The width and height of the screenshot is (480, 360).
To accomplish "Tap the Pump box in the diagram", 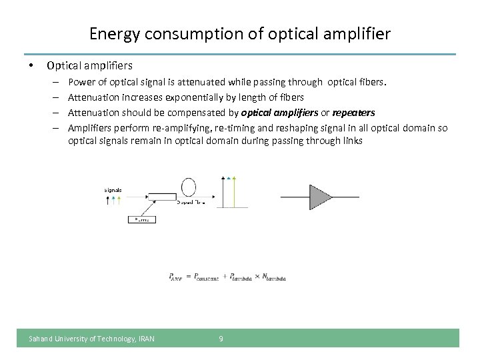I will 141,219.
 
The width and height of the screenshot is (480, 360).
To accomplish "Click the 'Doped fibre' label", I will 191,202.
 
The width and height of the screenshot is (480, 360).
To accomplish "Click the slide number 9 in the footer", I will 221,339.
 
